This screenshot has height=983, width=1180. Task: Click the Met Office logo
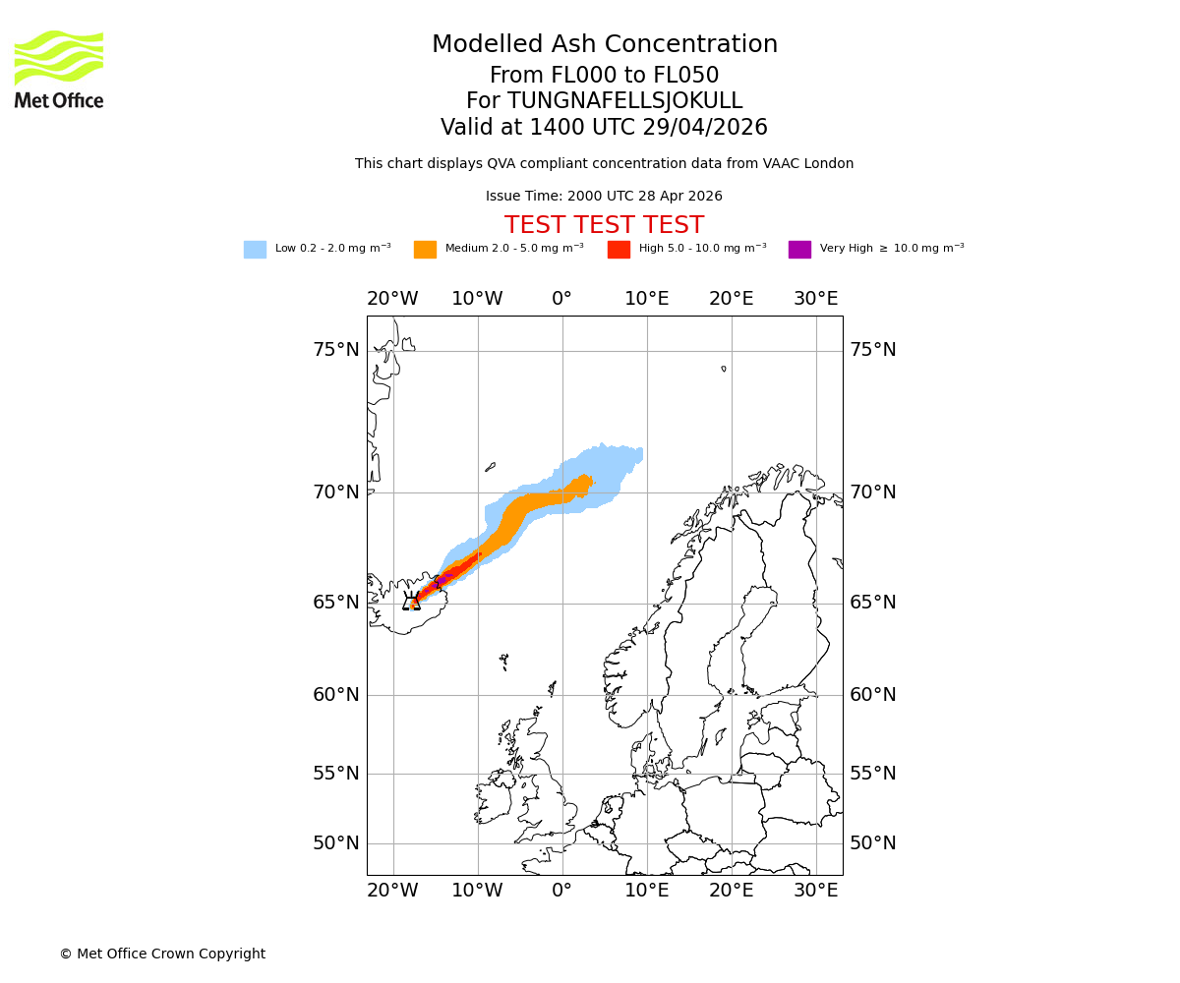59,69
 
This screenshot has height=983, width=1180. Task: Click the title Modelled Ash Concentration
605,45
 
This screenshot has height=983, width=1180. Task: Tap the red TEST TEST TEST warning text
604,225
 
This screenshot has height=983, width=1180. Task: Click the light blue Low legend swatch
255,250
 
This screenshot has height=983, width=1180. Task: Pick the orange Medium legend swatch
425,250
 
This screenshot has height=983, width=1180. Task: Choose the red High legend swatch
619,250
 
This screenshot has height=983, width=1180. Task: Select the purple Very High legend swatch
799,250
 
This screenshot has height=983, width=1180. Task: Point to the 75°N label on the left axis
336,350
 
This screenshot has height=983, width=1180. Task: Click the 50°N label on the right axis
873,843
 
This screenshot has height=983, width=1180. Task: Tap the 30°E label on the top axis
816,299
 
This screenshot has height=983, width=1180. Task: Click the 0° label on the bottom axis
561,891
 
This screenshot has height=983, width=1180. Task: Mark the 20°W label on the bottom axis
392,891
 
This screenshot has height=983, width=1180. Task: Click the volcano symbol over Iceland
411,601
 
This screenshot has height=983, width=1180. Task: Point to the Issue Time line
604,197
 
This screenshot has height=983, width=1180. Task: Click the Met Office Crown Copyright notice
162,954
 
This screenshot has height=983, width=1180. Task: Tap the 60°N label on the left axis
336,695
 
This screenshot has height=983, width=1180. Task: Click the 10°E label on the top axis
646,299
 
